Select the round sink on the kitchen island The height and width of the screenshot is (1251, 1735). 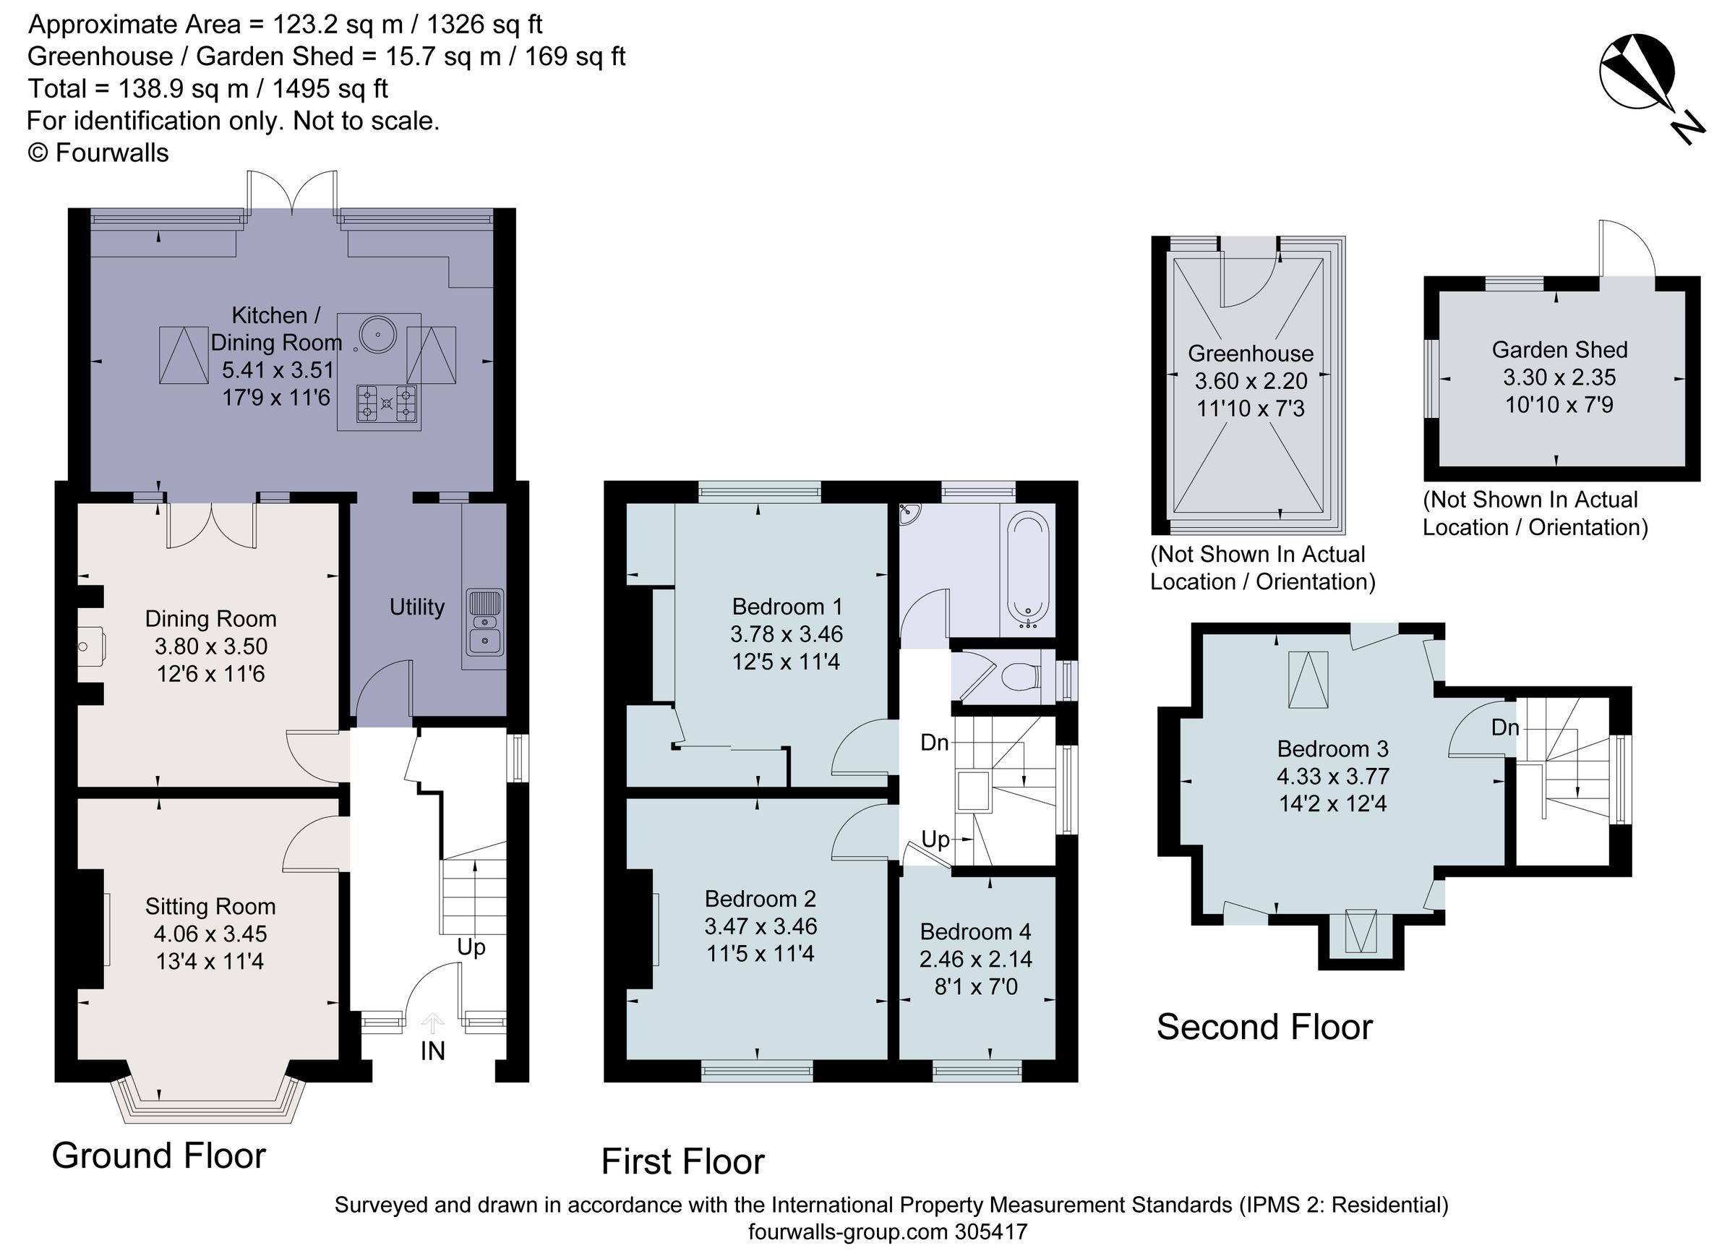(x=378, y=334)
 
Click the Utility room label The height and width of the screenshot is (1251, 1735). (x=417, y=607)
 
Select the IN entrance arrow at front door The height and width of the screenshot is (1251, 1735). (x=433, y=1024)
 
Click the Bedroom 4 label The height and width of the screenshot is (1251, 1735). (x=975, y=931)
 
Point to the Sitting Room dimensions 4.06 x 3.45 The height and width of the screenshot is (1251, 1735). (x=210, y=934)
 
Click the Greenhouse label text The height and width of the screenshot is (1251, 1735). (x=1250, y=354)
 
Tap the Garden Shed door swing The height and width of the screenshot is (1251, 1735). (x=1628, y=249)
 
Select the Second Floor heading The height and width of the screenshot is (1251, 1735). (x=1264, y=1027)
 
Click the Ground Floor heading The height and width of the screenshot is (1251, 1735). (x=158, y=1156)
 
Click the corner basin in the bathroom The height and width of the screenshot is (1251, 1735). (x=909, y=513)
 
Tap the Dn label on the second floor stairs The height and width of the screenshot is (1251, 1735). (x=1504, y=727)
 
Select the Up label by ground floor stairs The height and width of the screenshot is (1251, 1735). (x=471, y=947)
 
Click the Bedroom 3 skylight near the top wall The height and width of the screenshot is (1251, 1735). (x=1308, y=680)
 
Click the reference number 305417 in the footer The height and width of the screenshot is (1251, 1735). (x=990, y=1233)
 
